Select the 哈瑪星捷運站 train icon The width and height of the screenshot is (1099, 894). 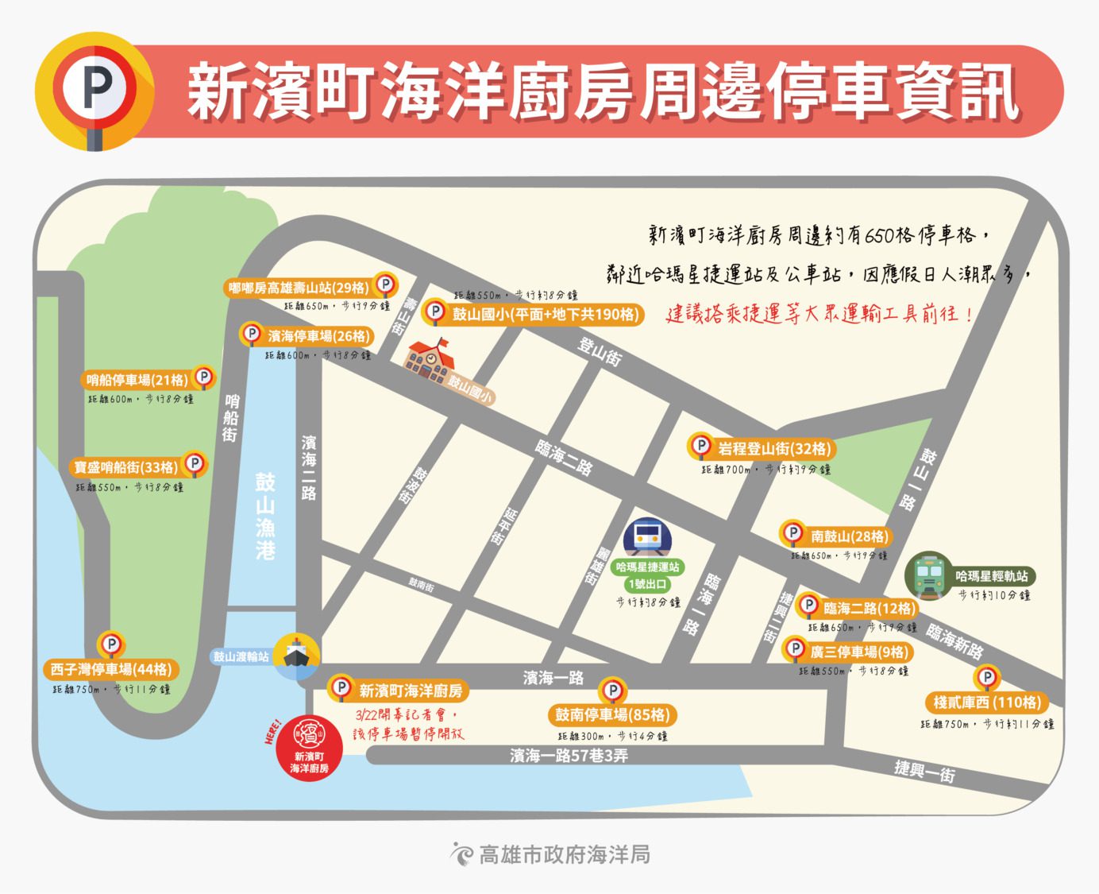pos(647,538)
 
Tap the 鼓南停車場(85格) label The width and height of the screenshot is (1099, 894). pos(613,714)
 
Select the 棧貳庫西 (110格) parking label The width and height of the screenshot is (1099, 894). pos(986,702)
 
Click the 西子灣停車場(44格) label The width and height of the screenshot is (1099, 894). pos(110,669)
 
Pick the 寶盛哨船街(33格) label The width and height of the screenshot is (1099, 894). pos(127,467)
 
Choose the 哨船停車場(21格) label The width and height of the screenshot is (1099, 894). pos(137,380)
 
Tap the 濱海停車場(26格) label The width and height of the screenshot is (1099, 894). pos(318,336)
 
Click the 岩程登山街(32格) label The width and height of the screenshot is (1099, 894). pos(773,449)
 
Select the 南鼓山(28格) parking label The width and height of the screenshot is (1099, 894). pos(849,536)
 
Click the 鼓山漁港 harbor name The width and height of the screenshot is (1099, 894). pos(265,516)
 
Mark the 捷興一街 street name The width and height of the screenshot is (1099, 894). pos(924,770)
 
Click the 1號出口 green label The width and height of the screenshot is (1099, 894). pos(647,584)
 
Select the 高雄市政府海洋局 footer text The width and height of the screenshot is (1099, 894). pos(565,854)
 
